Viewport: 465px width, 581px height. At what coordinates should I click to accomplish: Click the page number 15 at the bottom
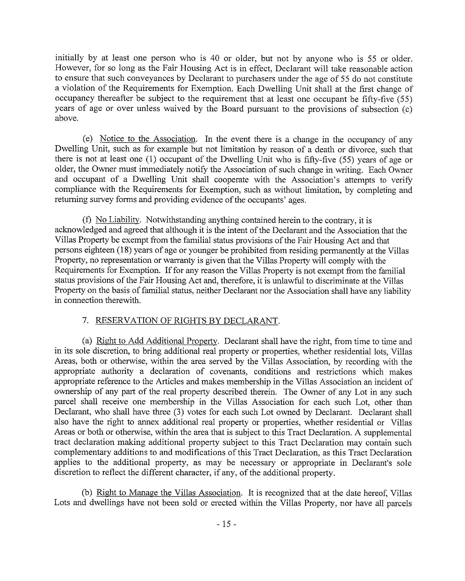tap(226, 524)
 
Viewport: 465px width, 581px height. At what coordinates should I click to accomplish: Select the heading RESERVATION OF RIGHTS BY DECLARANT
tap(186, 320)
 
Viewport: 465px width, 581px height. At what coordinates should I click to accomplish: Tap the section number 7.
tap(85, 320)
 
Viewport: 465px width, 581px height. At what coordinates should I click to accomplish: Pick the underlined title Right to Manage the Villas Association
tap(168, 493)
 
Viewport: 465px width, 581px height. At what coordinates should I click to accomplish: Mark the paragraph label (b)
tap(87, 493)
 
